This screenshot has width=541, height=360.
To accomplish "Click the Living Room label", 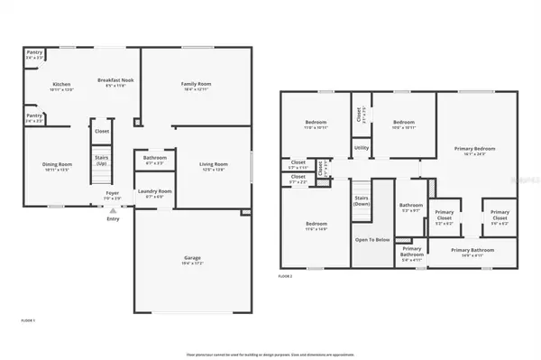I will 214,165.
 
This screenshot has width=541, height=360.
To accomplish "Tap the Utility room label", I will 361,148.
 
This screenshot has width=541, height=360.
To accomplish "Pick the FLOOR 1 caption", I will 27,320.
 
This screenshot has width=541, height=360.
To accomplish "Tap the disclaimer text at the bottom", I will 270,354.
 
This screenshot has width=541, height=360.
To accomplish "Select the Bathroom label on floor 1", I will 154,159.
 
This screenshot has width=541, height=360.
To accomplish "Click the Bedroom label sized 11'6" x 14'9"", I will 315,225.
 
